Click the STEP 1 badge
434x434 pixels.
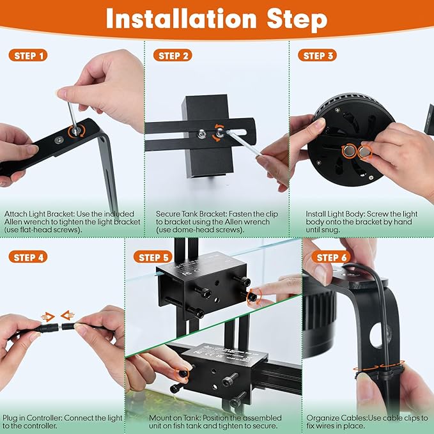(30, 56)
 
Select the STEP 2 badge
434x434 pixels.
(173, 56)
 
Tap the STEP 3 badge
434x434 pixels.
(318, 56)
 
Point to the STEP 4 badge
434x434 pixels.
(30, 257)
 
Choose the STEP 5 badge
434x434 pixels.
(153, 257)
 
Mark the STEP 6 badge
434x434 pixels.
(332, 257)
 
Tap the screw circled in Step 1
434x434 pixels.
(76, 130)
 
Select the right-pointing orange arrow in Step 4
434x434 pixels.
(47, 315)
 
